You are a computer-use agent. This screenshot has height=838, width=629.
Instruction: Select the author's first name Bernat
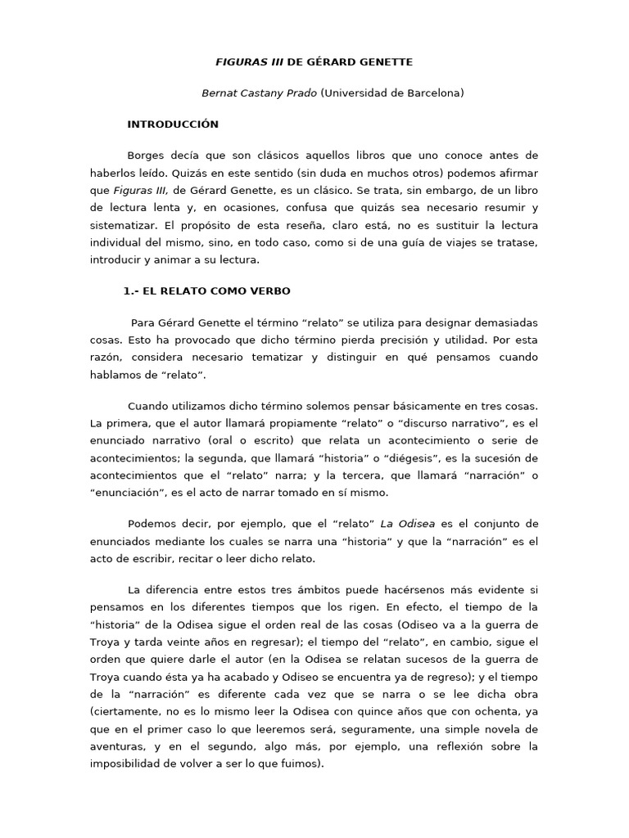(219, 93)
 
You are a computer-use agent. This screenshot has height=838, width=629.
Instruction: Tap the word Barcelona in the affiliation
(429, 93)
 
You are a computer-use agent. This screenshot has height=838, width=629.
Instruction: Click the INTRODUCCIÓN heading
(173, 124)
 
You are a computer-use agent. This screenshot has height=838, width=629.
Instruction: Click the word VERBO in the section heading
(267, 291)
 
